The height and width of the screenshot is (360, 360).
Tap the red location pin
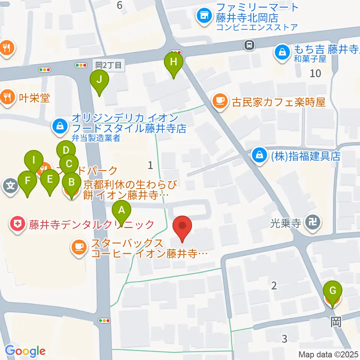pos(183,226)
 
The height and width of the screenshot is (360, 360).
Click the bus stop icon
pos(249,45)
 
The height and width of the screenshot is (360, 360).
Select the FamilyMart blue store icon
pos(204,16)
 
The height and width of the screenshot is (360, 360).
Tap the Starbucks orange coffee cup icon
pos(78,246)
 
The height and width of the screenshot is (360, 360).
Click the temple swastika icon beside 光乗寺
pos(312,223)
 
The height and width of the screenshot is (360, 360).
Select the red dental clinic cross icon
pos(17,224)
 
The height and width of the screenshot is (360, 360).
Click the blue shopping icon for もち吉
pos(281,52)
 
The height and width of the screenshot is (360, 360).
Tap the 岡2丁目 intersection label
pos(108,65)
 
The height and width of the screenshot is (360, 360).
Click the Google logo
pos(25,351)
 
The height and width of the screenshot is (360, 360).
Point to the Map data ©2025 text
pos(328,354)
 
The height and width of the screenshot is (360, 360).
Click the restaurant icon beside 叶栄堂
pos(6,97)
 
